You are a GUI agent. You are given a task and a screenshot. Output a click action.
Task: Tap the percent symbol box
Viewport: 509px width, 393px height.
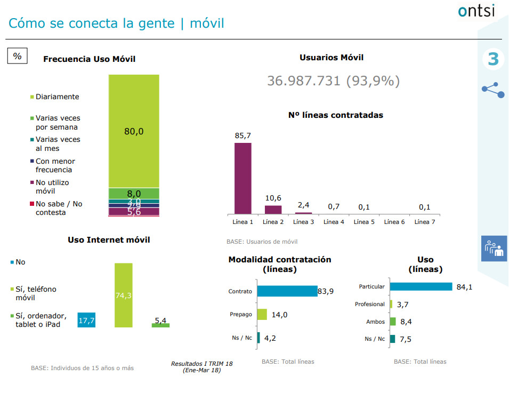click(x=18, y=56)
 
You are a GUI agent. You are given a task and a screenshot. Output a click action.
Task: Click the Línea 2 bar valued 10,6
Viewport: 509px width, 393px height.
click(x=273, y=210)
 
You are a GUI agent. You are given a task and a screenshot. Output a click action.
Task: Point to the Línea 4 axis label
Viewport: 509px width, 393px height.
click(x=334, y=222)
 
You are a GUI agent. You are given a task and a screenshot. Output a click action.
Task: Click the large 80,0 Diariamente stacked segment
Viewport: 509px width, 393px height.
click(x=134, y=131)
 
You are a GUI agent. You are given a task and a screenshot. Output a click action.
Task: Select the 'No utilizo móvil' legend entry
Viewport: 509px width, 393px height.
click(x=52, y=187)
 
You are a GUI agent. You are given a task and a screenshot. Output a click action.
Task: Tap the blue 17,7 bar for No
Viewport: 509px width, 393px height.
click(x=86, y=319)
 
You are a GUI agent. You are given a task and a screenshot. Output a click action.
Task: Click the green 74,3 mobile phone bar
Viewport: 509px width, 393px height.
click(x=123, y=295)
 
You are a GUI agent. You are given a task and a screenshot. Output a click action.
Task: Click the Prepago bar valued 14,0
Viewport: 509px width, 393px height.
click(x=262, y=314)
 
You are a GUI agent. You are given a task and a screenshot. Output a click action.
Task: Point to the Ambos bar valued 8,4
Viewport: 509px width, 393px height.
click(x=393, y=322)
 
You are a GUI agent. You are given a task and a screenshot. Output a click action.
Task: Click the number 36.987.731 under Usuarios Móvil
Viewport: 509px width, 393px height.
click(x=304, y=81)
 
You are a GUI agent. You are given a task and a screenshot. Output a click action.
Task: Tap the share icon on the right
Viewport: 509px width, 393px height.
click(x=493, y=90)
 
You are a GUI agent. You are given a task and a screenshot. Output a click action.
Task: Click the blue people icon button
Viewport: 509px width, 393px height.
click(x=494, y=248)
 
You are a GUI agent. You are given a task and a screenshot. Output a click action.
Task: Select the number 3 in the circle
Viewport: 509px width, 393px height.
click(x=493, y=59)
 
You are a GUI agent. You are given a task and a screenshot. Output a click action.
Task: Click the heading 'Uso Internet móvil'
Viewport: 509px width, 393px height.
click(x=109, y=240)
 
